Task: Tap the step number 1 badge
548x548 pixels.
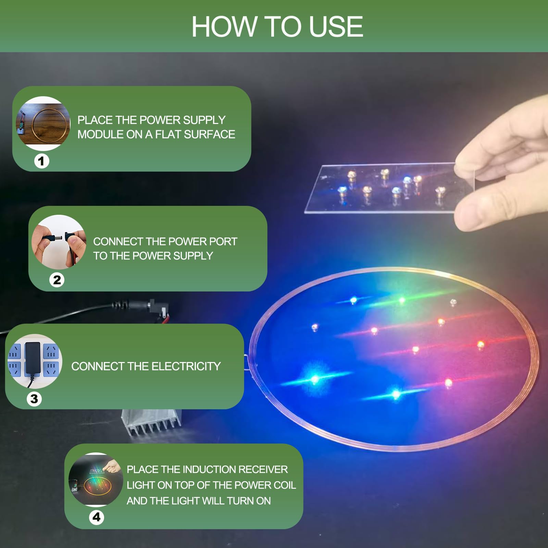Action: click(x=42, y=161)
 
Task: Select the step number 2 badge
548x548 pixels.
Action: click(x=57, y=280)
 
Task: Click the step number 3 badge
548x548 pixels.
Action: click(x=34, y=399)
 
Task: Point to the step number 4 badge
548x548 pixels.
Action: click(x=97, y=517)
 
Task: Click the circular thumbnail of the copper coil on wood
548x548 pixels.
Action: click(x=43, y=123)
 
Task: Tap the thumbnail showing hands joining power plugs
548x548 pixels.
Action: click(x=59, y=242)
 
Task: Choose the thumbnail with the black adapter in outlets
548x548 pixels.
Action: click(x=35, y=361)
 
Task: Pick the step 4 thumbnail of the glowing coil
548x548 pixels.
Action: click(x=96, y=480)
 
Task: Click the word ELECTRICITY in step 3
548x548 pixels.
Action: click(x=186, y=366)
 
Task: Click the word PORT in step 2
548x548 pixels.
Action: click(x=223, y=241)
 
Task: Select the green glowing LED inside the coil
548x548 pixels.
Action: click(x=401, y=300)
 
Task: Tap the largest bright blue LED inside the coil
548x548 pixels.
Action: click(x=314, y=379)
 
